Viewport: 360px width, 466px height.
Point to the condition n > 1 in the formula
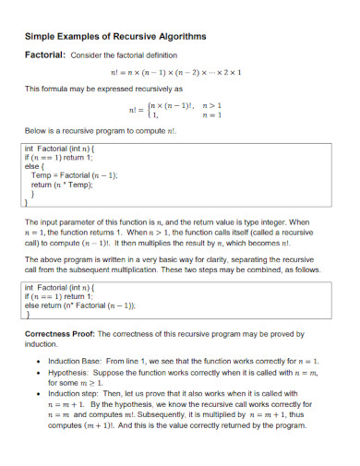click(x=214, y=105)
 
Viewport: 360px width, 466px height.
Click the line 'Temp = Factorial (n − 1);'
click(x=74, y=175)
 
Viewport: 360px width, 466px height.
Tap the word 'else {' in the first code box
click(x=35, y=166)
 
